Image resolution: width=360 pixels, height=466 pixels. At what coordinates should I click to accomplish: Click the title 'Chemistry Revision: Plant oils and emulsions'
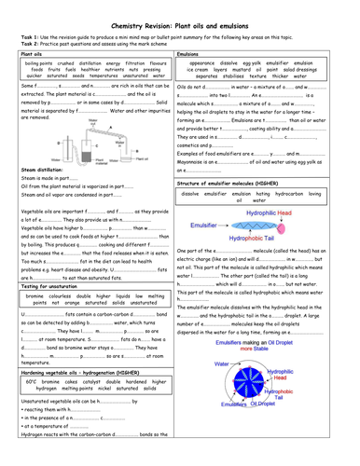tap(180, 16)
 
